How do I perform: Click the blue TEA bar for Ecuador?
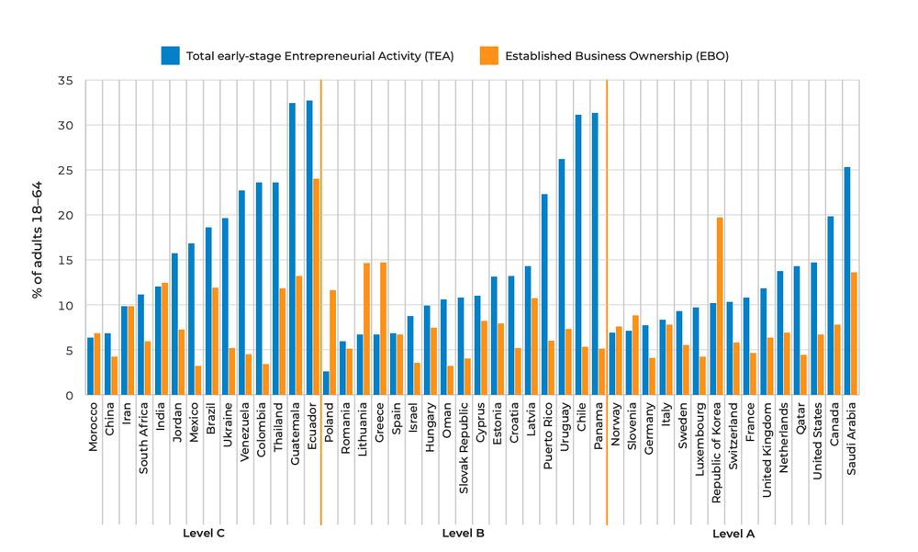pos(309,248)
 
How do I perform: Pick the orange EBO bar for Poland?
pos(333,343)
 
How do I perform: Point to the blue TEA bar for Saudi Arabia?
pos(846,281)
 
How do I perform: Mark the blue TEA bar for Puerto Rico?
pos(544,295)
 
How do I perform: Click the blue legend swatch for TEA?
pos(171,56)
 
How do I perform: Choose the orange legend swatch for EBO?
pos(488,56)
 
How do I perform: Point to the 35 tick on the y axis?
pos(65,81)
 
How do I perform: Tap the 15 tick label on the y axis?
pos(65,261)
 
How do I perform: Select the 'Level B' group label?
pos(463,533)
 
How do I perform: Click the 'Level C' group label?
pos(204,533)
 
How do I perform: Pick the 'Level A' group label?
pos(733,533)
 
